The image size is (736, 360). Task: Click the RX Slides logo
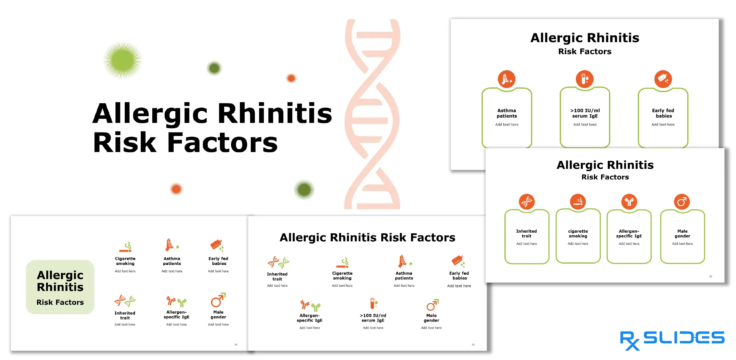[x=672, y=340]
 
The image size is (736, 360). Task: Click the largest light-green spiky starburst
[x=123, y=60]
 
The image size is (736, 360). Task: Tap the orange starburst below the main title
[x=176, y=189]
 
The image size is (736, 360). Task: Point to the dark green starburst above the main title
[x=214, y=68]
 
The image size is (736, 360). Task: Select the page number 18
[x=236, y=345]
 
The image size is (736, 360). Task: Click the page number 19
[x=473, y=345]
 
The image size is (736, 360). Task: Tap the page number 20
[x=711, y=276]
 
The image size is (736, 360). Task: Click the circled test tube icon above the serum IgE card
[x=585, y=79]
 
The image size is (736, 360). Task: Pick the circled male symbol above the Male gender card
[x=682, y=202]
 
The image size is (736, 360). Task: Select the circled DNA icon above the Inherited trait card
[x=526, y=202]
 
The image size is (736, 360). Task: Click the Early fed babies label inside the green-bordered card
[x=663, y=113]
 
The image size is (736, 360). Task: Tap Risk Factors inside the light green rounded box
[x=60, y=302]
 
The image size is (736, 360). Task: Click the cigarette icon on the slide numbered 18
[x=125, y=247]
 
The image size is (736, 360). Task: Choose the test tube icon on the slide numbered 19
[x=373, y=304]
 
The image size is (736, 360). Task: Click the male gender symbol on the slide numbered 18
[x=218, y=300]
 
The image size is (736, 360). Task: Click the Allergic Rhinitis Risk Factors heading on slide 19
[x=367, y=237]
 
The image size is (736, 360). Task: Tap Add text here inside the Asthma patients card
[x=507, y=124]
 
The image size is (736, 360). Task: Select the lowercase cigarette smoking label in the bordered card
[x=578, y=234]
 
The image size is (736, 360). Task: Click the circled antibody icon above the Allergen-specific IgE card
[x=629, y=202]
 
